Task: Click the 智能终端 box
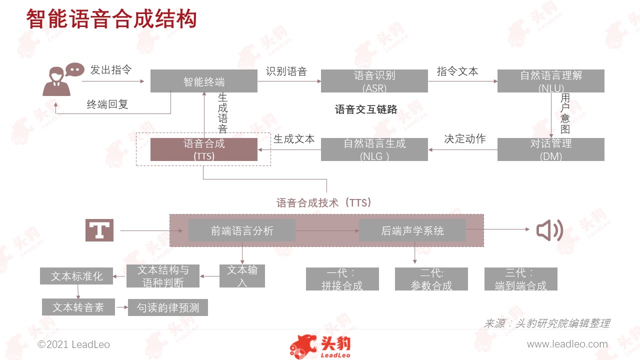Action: pos(203,81)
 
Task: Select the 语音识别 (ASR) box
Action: pos(374,81)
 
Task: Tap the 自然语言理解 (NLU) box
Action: pos(551,81)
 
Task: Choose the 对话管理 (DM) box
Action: pos(551,149)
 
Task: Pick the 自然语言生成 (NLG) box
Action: pos(374,149)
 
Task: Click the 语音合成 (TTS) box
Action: pos(203,149)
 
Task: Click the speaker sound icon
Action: pos(549,230)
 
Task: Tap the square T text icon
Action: pos(99,230)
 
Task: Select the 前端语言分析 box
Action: pos(242,230)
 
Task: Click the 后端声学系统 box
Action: pos(412,230)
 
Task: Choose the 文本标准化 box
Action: pos(76,276)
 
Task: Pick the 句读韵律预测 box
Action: pos(168,307)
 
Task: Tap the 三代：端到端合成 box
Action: pos(521,279)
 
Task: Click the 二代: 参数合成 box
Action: pos(431,279)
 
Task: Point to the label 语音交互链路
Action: pos(366,109)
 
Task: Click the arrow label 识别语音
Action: pos(286,71)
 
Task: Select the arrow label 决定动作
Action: pos(465,139)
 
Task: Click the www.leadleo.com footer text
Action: pos(567,344)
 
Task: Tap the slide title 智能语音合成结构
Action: pos(111,19)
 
